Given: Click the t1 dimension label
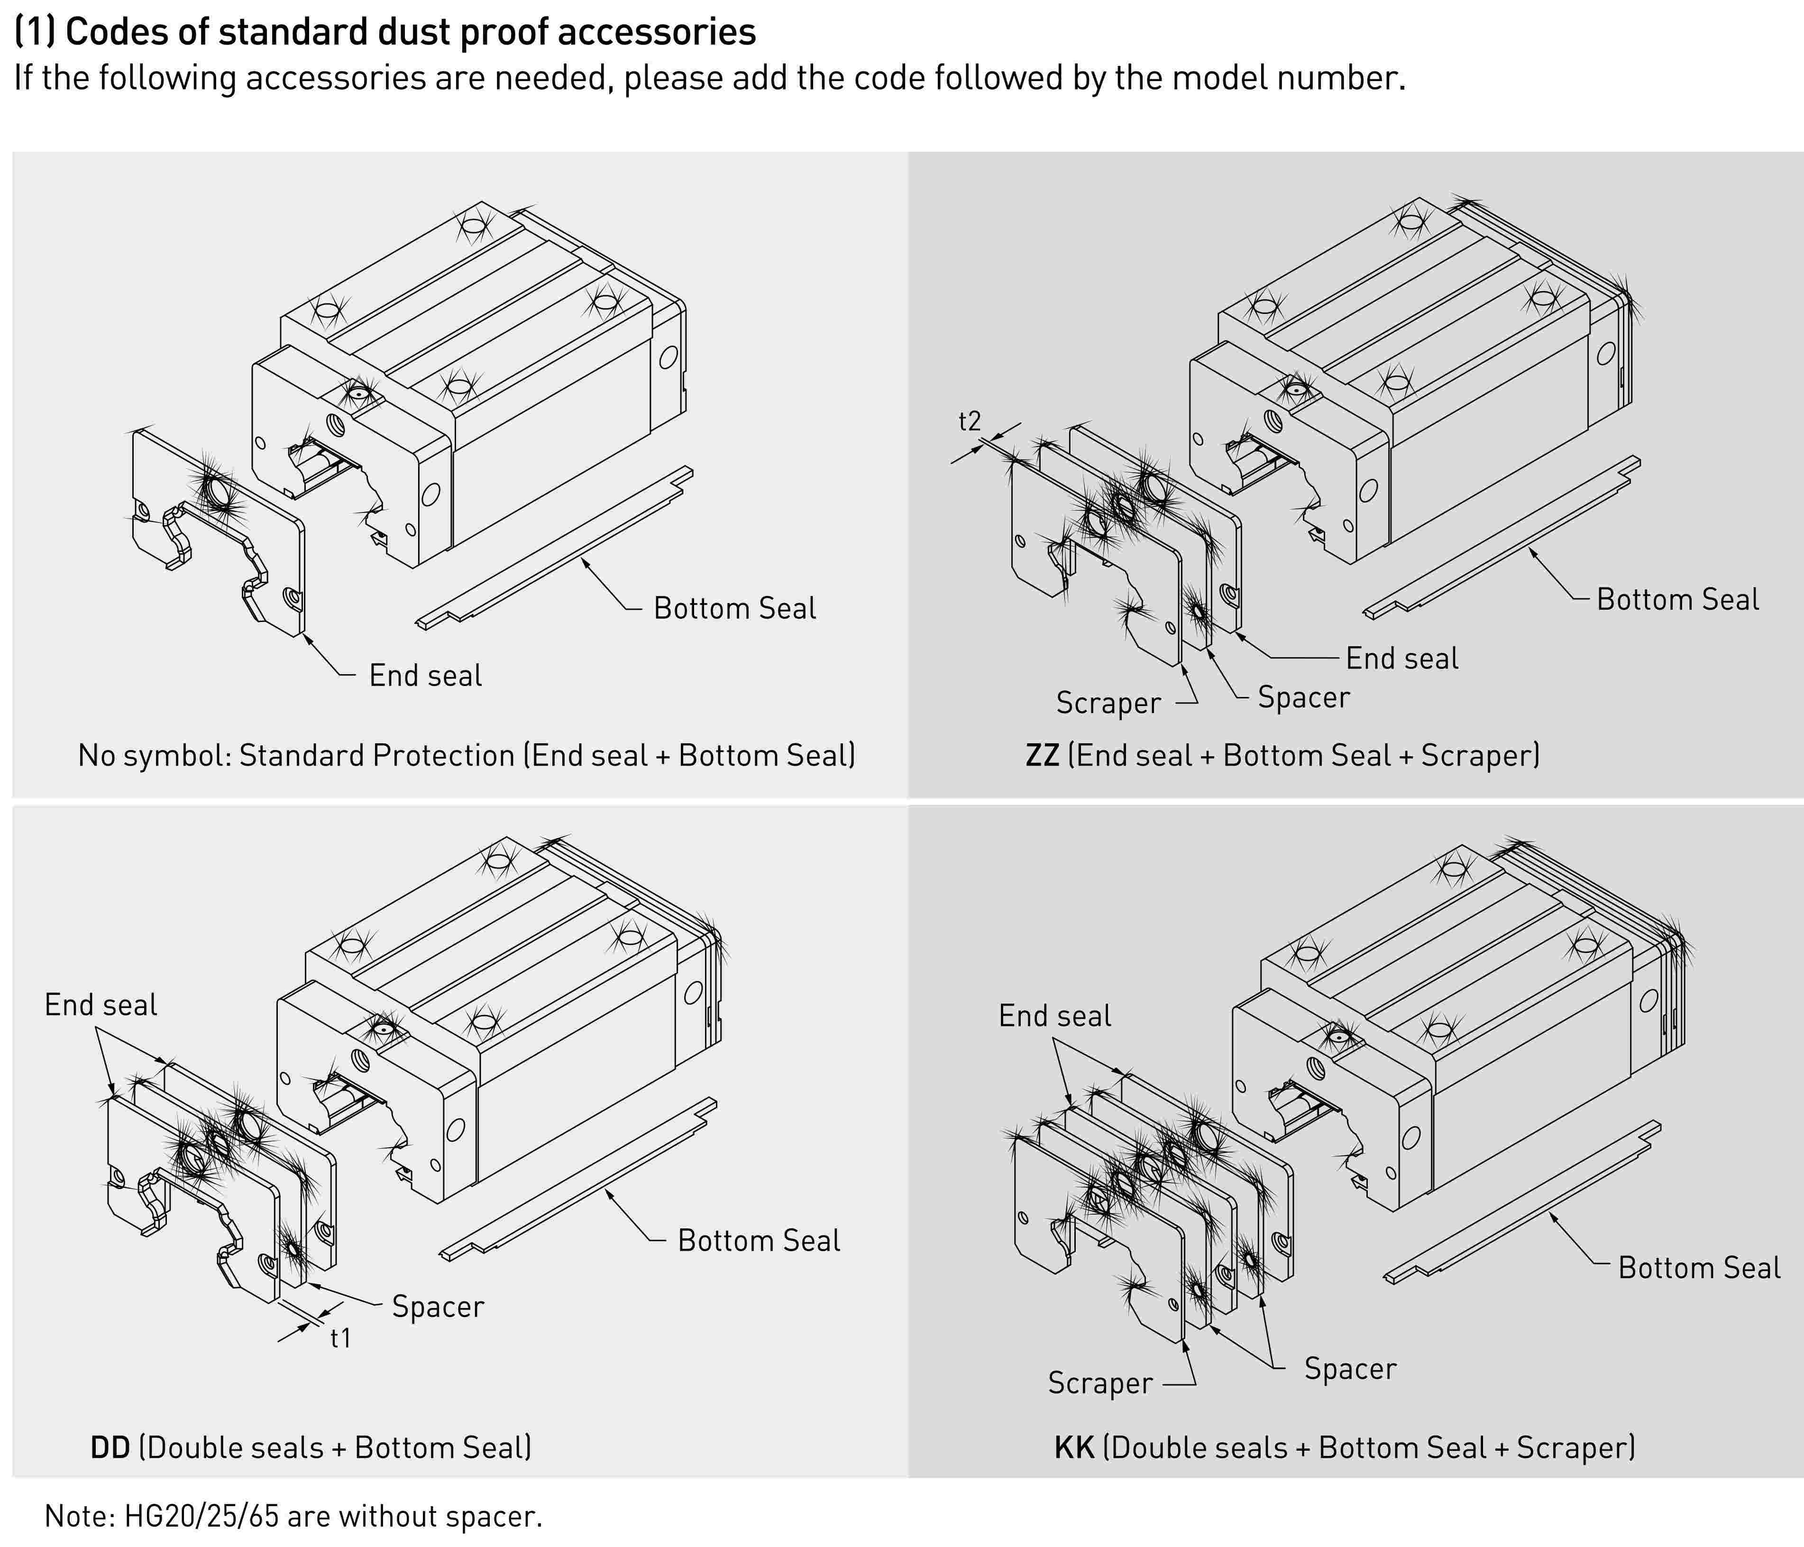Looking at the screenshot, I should point(340,1338).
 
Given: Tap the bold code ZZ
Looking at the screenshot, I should point(1042,755).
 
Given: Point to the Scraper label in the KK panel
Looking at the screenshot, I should point(1099,1382).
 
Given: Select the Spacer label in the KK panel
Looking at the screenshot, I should point(1349,1369).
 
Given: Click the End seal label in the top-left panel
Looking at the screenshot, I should point(425,676).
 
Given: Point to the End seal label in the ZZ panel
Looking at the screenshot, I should point(1402,658).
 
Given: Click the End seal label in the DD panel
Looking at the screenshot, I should point(101,1005).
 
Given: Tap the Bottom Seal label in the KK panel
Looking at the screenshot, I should point(1699,1268).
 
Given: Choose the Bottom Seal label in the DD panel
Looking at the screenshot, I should point(758,1241).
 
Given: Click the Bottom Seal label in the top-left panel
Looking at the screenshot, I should point(735,609).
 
